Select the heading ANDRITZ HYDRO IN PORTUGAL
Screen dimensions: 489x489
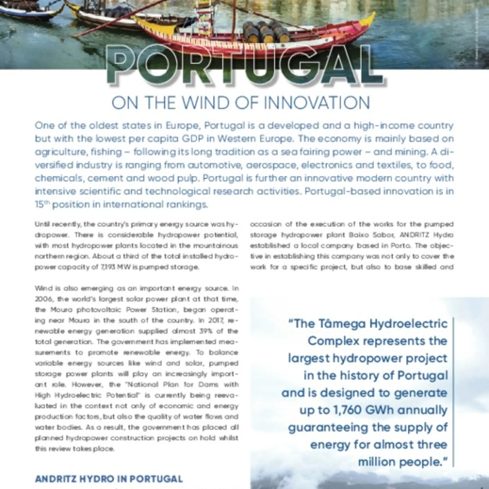point(109,479)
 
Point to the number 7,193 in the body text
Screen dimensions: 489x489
point(107,267)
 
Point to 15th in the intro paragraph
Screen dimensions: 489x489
point(42,205)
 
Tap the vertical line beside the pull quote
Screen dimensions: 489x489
point(453,392)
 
